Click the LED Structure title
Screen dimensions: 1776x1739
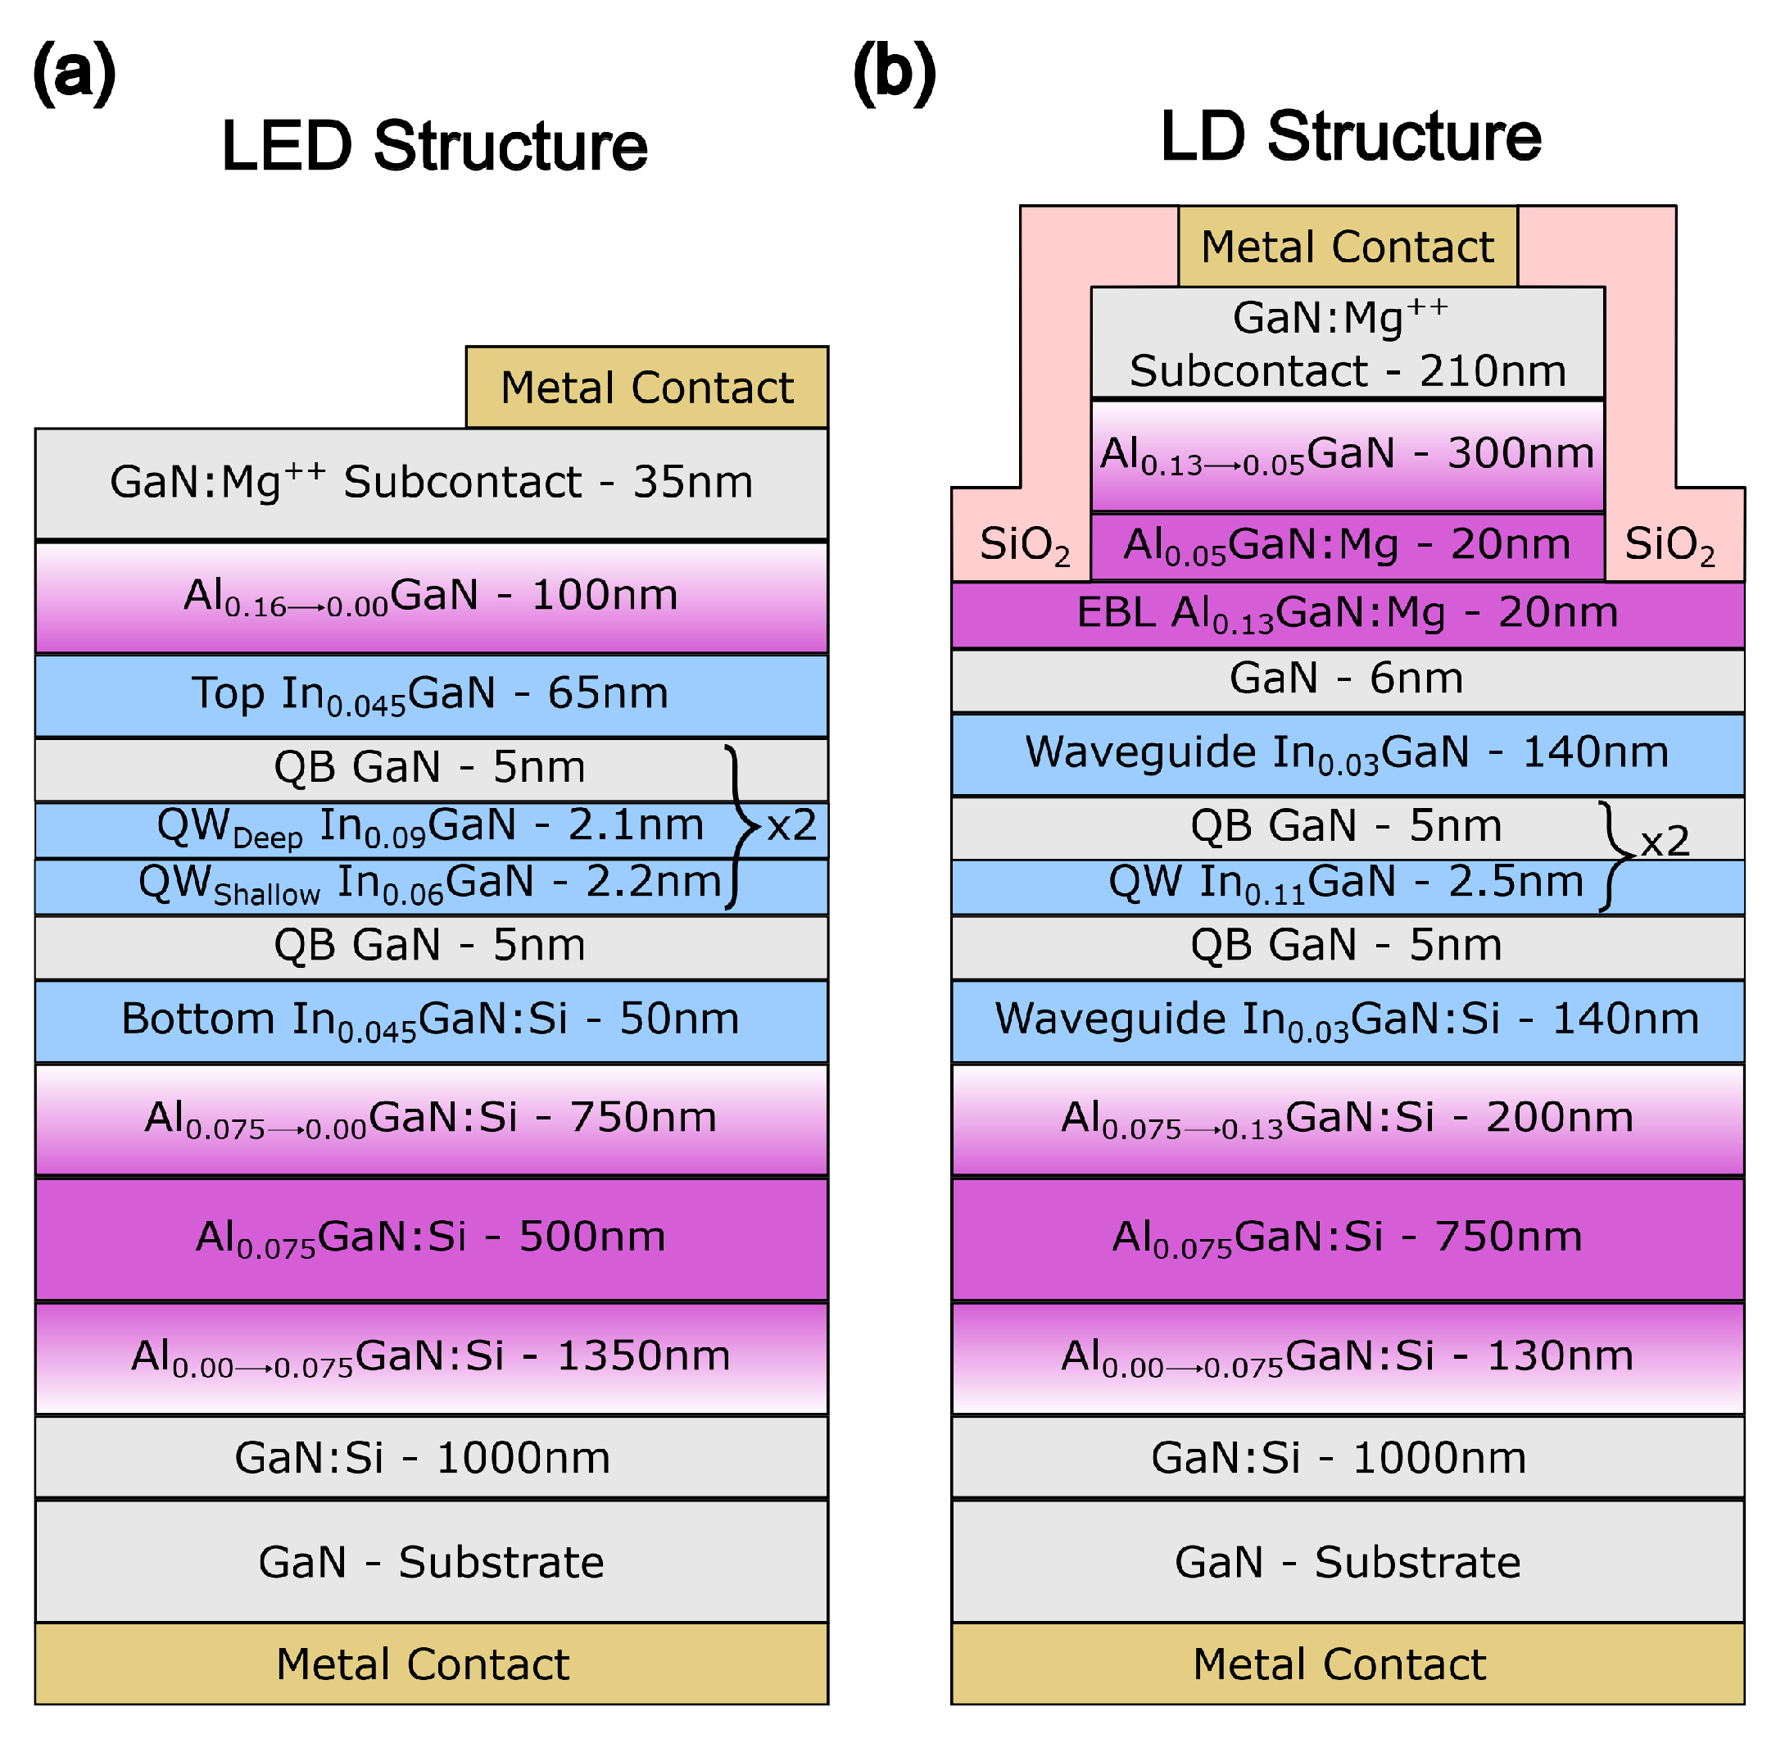click(435, 145)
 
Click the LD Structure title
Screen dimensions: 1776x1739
click(1352, 136)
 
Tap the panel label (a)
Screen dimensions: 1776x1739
click(74, 73)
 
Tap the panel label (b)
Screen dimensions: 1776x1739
click(895, 73)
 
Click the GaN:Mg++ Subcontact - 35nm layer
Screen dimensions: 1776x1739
click(432, 484)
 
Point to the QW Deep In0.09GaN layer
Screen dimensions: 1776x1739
click(432, 830)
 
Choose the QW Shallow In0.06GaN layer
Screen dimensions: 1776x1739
click(432, 887)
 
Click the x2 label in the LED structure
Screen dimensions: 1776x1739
click(791, 827)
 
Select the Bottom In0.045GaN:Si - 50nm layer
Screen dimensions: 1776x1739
click(432, 1021)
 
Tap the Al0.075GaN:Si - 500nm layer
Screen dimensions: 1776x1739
click(432, 1239)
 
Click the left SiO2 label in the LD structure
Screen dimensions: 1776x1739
click(1025, 546)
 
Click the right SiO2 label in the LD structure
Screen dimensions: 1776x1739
click(1670, 546)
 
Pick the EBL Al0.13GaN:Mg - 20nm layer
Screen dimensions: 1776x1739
click(1348, 615)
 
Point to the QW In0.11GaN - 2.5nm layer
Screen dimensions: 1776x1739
click(1348, 887)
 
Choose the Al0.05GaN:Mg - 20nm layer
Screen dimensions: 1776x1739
click(1348, 546)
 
